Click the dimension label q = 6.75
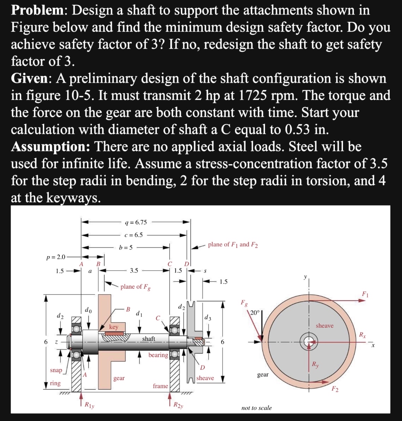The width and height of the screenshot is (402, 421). [136, 222]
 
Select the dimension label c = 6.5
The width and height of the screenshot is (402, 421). [134, 235]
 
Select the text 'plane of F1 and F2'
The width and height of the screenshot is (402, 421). [233, 244]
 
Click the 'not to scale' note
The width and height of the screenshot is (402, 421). [256, 408]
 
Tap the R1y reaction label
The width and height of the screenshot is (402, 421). [89, 405]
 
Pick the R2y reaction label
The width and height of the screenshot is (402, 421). [178, 405]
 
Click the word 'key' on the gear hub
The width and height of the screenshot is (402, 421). [113, 327]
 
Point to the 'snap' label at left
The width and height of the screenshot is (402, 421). [56, 370]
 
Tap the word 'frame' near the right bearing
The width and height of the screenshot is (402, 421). [160, 386]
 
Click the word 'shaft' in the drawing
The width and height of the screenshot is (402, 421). [148, 339]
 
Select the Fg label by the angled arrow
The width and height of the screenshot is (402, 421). [244, 303]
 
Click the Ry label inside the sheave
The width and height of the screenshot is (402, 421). [315, 365]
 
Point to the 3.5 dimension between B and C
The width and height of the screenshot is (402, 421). [134, 271]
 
